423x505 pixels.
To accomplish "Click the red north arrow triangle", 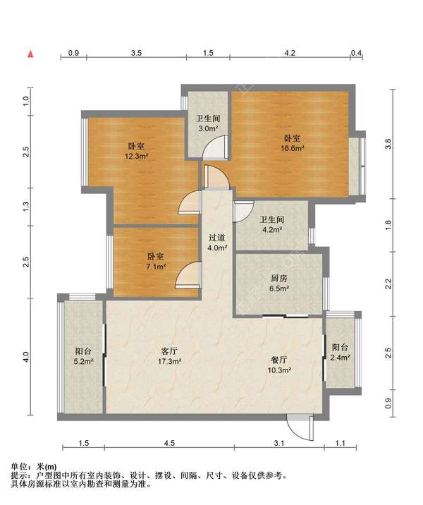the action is click(30, 54).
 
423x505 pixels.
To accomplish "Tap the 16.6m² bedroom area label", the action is click(293, 143).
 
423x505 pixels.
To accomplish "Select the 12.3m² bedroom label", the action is click(136, 151).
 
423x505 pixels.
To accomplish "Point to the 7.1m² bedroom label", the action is click(156, 262).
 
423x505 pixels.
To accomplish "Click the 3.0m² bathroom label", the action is click(208, 123).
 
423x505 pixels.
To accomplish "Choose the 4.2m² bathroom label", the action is click(272, 224).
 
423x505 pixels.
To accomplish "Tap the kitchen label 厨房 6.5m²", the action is click(278, 283).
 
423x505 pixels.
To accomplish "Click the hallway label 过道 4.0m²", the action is click(217, 243).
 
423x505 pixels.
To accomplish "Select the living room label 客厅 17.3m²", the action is click(169, 355).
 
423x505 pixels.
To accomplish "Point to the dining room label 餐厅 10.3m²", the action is click(279, 364).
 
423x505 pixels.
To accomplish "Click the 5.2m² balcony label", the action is click(83, 356).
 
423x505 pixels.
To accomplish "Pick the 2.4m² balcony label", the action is click(341, 353).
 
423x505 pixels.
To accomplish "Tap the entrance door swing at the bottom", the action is click(300, 428).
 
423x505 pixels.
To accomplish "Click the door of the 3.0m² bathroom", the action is click(216, 147).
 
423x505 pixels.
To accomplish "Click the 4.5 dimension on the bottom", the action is click(169, 443).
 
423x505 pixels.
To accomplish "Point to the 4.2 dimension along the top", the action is click(290, 53).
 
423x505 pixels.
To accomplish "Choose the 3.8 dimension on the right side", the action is click(388, 144).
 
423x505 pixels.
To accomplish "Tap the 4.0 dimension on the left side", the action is click(26, 357).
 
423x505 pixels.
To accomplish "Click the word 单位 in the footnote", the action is click(18, 467).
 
